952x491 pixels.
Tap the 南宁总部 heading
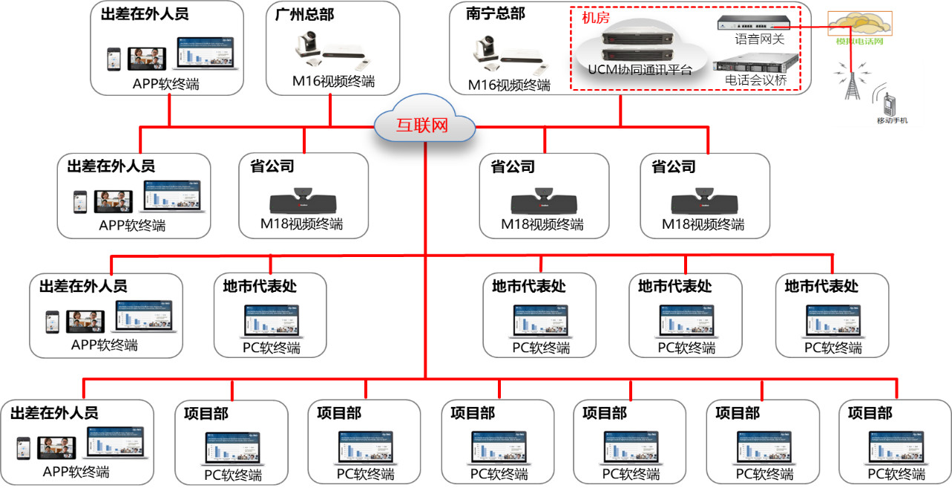pyautogui.click(x=496, y=13)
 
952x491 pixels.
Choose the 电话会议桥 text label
pyautogui.click(x=756, y=79)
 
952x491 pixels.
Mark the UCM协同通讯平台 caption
pyautogui.click(x=640, y=71)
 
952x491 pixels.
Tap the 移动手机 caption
pyautogui.click(x=892, y=120)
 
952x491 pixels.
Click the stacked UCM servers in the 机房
pyautogui.click(x=639, y=45)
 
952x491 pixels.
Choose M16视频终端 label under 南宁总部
pyautogui.click(x=509, y=85)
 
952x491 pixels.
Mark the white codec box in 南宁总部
pyautogui.click(x=525, y=57)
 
